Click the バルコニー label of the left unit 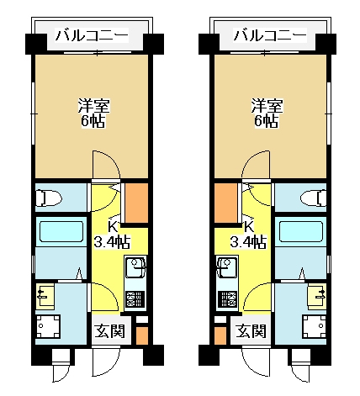pyautogui.click(x=92, y=36)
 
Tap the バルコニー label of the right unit pyautogui.click(x=270, y=36)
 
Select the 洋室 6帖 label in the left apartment pyautogui.click(x=93, y=114)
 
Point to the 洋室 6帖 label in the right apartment pyautogui.click(x=267, y=114)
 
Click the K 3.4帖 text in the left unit pyautogui.click(x=112, y=235)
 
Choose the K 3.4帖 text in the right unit pyautogui.click(x=248, y=235)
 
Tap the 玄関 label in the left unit pyautogui.click(x=109, y=331)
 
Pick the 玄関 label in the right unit pyautogui.click(x=251, y=331)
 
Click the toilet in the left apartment pyautogui.click(x=49, y=198)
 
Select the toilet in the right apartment pyautogui.click(x=313, y=198)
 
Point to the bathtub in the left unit pyautogui.click(x=61, y=231)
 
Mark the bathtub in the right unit pyautogui.click(x=301, y=231)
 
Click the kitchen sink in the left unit pyautogui.click(x=135, y=267)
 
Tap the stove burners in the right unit pyautogui.click(x=228, y=299)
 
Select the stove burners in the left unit pyautogui.click(x=135, y=299)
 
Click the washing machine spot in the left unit pyautogui.click(x=48, y=326)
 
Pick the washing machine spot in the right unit pyautogui.click(x=315, y=326)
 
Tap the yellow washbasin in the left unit pyautogui.click(x=45, y=296)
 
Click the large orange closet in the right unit pyautogui.click(x=226, y=203)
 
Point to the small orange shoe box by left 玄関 pyautogui.click(x=142, y=335)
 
